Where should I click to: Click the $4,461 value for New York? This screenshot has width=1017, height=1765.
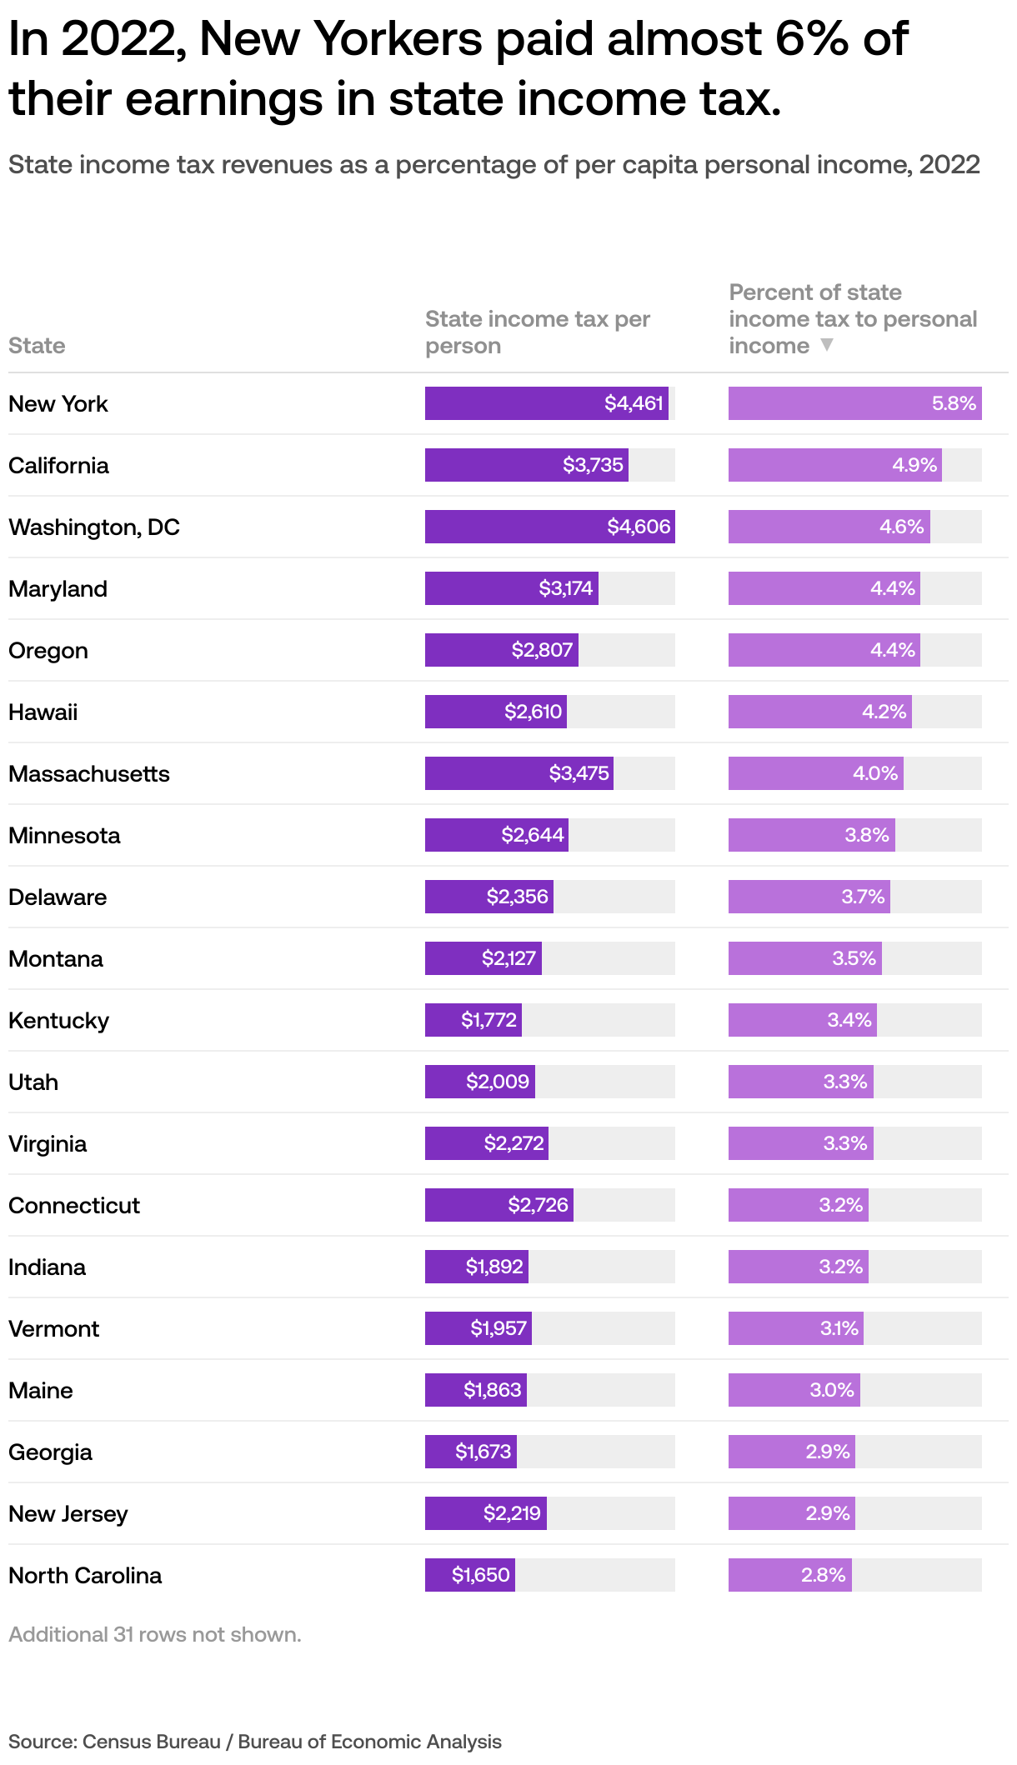[634, 403]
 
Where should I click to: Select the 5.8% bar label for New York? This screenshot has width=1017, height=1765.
[954, 403]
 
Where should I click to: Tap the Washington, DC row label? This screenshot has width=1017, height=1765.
[94, 527]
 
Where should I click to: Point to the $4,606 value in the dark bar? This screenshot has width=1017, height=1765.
[639, 527]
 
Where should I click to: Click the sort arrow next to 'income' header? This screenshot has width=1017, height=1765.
[826, 345]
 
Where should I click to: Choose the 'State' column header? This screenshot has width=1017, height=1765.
[37, 345]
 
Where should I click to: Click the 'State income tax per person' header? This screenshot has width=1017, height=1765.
[537, 332]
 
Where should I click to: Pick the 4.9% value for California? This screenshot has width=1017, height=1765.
[914, 465]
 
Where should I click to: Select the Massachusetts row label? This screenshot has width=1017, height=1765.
[89, 773]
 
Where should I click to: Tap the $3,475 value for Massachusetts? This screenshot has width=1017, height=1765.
[579, 773]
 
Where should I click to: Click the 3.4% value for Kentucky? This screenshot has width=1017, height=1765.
[849, 1020]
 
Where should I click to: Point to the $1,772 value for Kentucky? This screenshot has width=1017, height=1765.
[488, 1020]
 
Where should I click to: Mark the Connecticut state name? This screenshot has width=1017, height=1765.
[74, 1205]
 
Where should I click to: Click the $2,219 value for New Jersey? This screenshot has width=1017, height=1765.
[512, 1513]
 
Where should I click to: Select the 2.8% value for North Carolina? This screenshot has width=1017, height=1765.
[823, 1575]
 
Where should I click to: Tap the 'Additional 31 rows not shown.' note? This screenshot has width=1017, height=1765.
[155, 1634]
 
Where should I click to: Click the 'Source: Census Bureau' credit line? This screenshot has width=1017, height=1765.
[254, 1742]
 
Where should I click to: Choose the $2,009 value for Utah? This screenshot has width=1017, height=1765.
[497, 1082]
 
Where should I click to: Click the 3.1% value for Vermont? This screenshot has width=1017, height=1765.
[839, 1328]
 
